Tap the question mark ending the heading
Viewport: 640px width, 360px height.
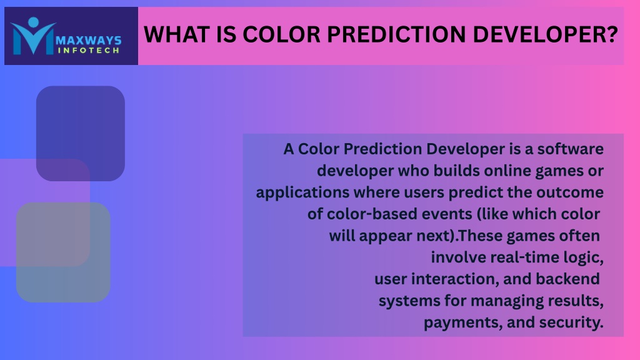pos(612,34)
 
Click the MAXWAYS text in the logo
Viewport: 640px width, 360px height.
pos(89,41)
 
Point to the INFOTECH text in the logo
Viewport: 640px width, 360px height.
pos(89,51)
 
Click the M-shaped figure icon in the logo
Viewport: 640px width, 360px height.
pos(32,36)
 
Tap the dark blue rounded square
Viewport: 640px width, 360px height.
pos(81,134)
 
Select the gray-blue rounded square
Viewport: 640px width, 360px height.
pos(63,252)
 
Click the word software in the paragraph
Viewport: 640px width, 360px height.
pos(570,149)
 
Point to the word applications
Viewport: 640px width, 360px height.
pos(302,192)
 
